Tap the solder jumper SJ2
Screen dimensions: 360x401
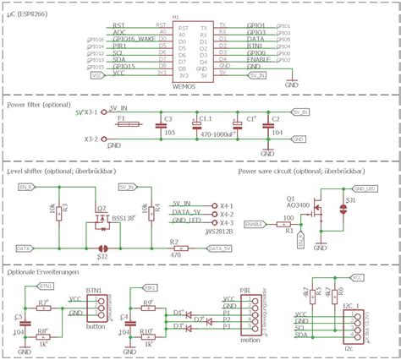(x=102, y=248)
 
